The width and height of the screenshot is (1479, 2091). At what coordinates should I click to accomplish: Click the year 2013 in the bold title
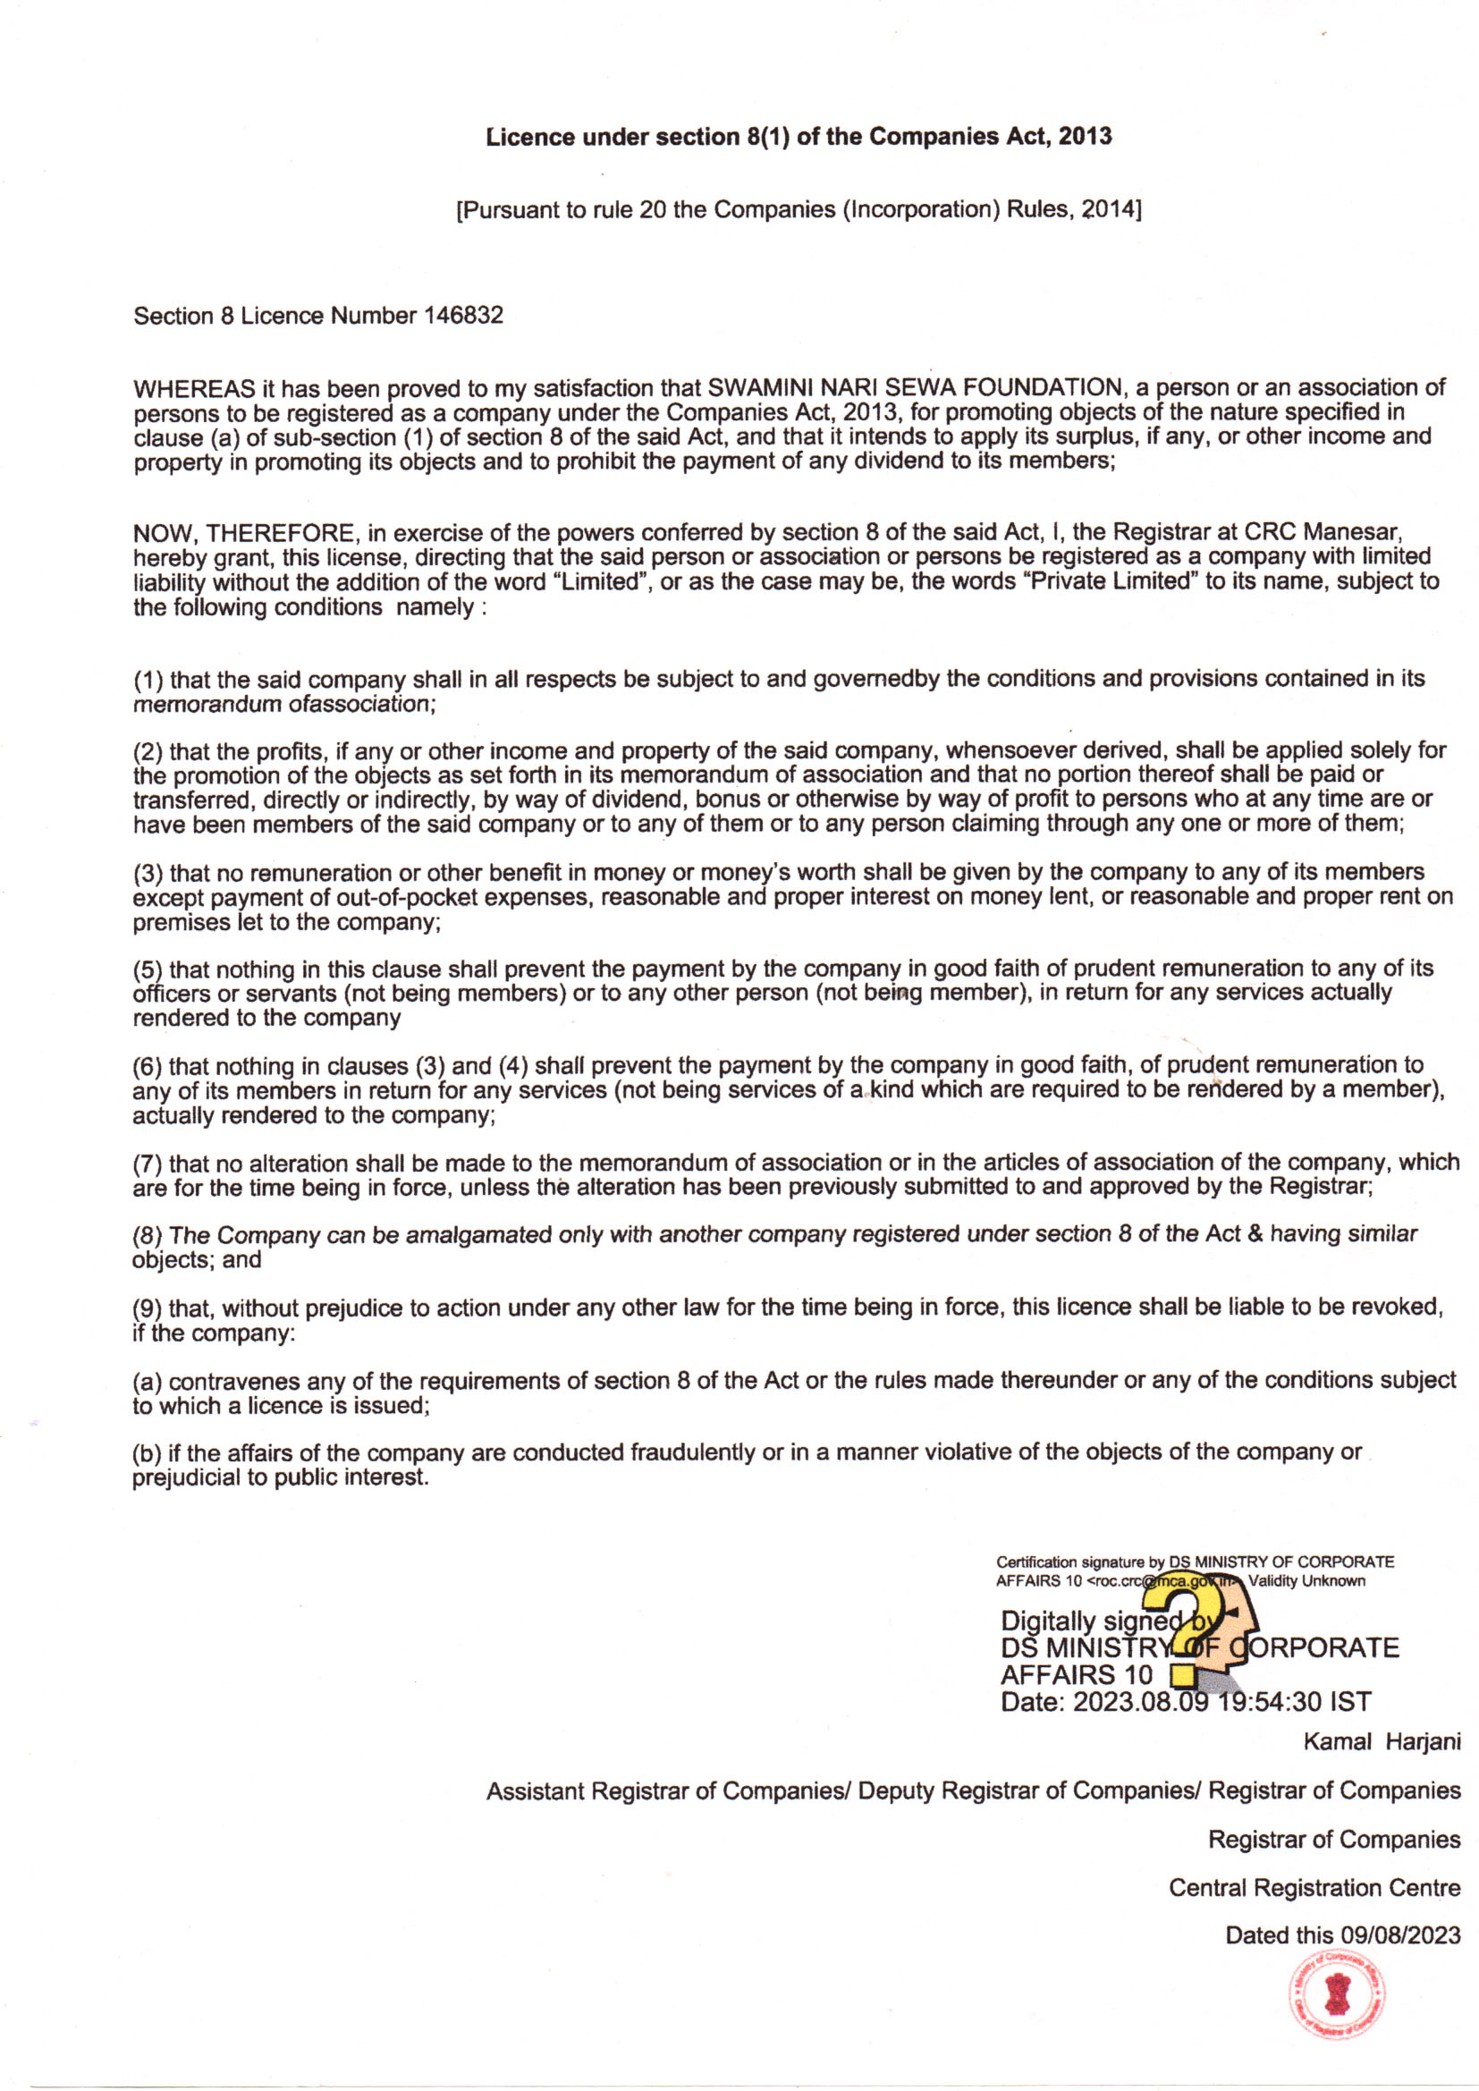[x=1085, y=137]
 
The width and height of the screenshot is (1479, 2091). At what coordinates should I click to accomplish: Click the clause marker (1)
[x=148, y=681]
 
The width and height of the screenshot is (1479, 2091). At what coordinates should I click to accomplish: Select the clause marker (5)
[x=148, y=969]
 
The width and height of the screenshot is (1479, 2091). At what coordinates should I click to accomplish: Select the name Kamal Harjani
[x=1381, y=1742]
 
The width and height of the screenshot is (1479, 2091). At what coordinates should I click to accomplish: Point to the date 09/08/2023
[x=1400, y=1934]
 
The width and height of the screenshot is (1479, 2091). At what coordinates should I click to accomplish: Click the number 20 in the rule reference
[x=652, y=209]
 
